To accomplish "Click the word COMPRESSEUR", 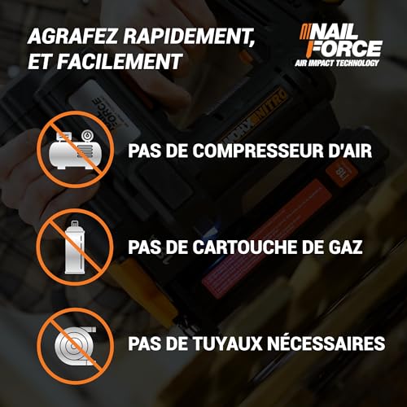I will click(244, 151).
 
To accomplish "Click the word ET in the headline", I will click(37, 63).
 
